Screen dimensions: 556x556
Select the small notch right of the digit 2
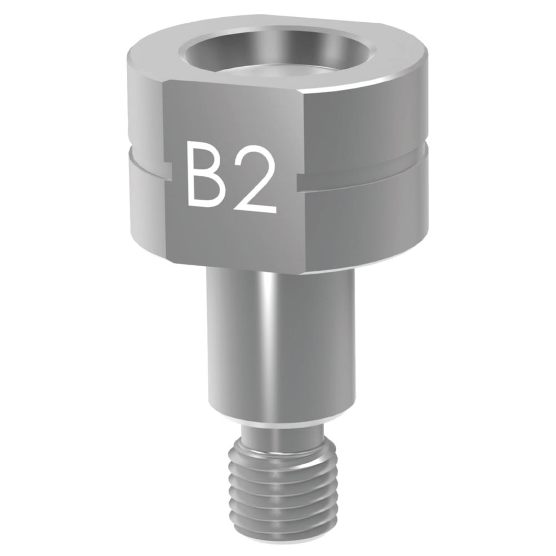click(x=300, y=181)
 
